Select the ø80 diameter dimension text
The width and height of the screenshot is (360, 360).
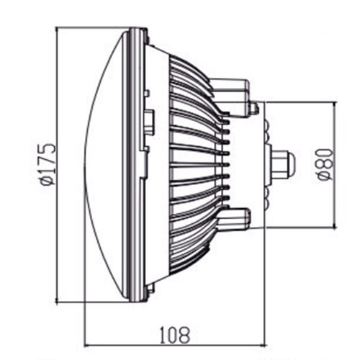tap(323, 166)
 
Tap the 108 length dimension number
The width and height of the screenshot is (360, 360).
tap(174, 333)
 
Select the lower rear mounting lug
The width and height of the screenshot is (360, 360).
tap(234, 217)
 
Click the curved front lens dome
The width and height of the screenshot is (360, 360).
tap(104, 165)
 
